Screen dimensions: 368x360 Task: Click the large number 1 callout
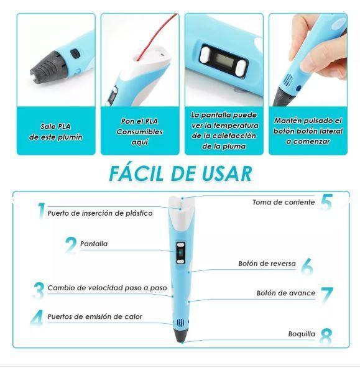point(41,211)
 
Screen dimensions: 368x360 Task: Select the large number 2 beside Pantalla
point(71,244)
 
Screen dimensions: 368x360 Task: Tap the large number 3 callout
point(39,289)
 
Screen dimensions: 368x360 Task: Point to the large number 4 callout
point(38,317)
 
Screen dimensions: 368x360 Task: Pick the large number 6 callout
point(307,266)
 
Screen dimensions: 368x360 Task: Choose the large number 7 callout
point(327,295)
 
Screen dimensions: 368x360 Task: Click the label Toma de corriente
point(283,203)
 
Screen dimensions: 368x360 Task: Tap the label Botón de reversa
point(267,264)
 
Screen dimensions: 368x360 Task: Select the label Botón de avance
point(286,293)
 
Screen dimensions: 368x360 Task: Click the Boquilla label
point(302,334)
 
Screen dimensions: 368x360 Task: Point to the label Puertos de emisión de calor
point(95,316)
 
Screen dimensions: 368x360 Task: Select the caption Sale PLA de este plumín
point(55,132)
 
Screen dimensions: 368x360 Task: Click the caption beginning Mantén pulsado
point(308,131)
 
